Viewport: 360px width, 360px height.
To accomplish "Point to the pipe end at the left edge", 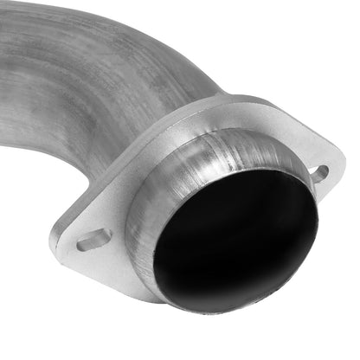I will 7,112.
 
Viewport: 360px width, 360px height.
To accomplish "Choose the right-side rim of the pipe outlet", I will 312,216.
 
